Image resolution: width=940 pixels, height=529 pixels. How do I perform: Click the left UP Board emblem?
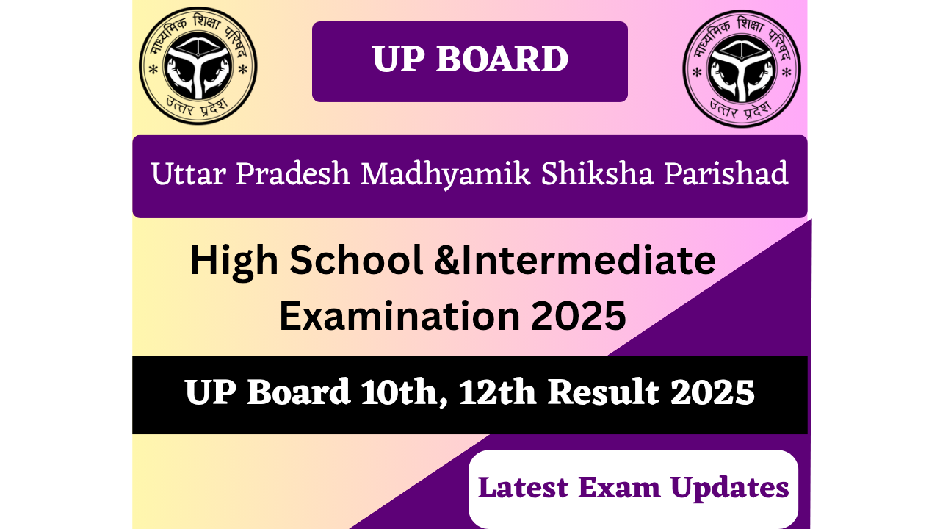click(198, 65)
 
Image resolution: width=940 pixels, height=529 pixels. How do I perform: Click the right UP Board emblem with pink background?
click(742, 68)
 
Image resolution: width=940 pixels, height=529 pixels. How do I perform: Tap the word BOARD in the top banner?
click(502, 60)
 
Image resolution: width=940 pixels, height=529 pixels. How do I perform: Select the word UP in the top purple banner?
click(397, 60)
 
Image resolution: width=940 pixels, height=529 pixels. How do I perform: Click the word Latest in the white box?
click(524, 488)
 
